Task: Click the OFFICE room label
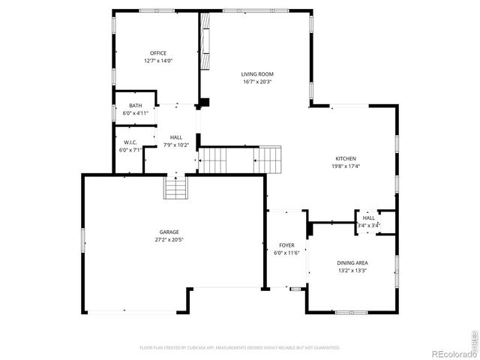pyautogui.click(x=158, y=52)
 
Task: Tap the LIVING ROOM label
pyautogui.click(x=257, y=73)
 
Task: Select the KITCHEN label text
pyautogui.click(x=345, y=158)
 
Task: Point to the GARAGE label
pyautogui.click(x=169, y=232)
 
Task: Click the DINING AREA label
pyautogui.click(x=352, y=262)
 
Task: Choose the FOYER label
pyautogui.click(x=286, y=245)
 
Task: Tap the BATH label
pyautogui.click(x=135, y=106)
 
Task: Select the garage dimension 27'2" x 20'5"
pyautogui.click(x=169, y=240)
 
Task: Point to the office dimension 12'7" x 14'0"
pyautogui.click(x=158, y=61)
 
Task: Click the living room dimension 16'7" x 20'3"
pyautogui.click(x=257, y=82)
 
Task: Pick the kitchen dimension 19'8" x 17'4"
pyautogui.click(x=345, y=166)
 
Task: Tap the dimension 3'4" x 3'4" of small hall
pyautogui.click(x=368, y=225)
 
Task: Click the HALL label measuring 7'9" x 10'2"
pyautogui.click(x=176, y=137)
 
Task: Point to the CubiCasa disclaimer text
pyautogui.click(x=240, y=348)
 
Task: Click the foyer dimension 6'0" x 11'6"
pyautogui.click(x=286, y=253)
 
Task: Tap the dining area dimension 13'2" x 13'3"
pyautogui.click(x=352, y=271)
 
